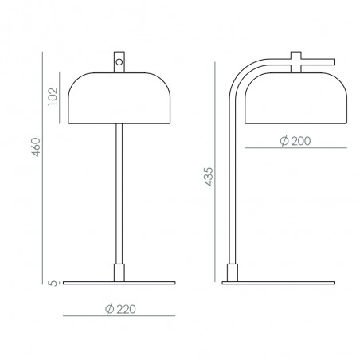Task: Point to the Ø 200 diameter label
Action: coord(295,141)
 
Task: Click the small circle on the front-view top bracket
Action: coord(119,61)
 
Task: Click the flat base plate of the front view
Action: coord(119,283)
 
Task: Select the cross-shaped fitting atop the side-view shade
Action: coord(295,61)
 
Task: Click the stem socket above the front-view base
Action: coord(119,271)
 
